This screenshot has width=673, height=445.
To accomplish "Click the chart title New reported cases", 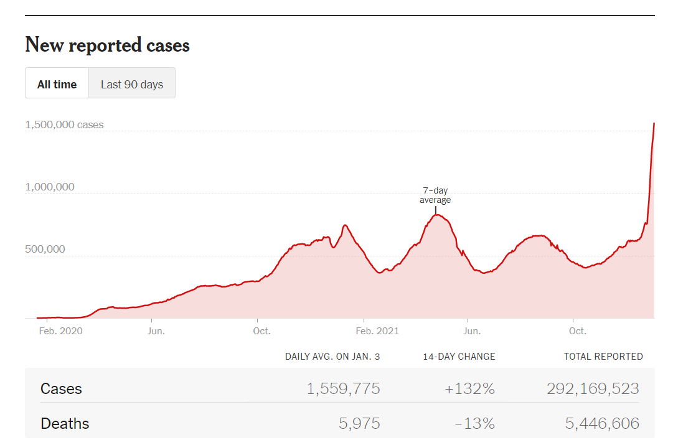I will tap(107, 45).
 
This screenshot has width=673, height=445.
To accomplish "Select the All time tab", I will tap(57, 84).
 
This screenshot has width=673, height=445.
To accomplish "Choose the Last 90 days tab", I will tap(132, 84).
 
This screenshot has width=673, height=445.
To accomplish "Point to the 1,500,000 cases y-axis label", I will tap(64, 124).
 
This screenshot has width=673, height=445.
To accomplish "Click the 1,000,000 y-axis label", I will tap(49, 187).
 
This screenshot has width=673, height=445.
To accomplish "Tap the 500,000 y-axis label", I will tap(45, 249).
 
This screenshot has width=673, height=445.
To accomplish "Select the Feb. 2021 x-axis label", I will tap(377, 330).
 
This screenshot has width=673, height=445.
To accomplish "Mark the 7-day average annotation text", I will tap(435, 195).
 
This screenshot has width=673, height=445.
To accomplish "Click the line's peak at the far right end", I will tap(654, 124).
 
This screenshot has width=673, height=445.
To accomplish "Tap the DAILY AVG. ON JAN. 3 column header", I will tap(332, 357).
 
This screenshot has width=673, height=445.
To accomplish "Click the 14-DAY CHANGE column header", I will tap(459, 357).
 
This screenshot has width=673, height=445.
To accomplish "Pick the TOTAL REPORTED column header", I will tap(603, 357).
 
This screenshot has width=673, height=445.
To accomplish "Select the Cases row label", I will tap(61, 389).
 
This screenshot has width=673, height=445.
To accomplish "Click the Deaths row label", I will tap(65, 424).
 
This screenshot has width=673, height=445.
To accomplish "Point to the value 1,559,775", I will tap(343, 389).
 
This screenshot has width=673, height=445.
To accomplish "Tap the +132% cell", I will tap(469, 389).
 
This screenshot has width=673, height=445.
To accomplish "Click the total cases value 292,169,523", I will tap(593, 389).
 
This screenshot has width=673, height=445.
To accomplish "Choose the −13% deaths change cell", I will tap(474, 424).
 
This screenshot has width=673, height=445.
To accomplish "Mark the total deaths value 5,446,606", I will tap(602, 424).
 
